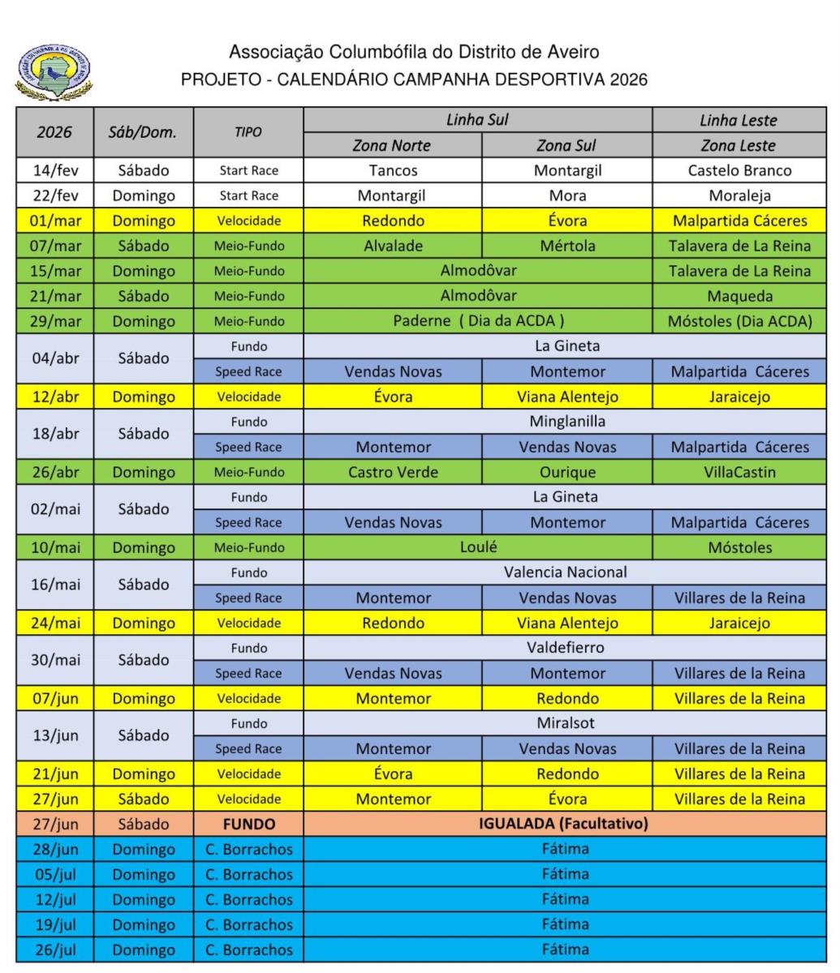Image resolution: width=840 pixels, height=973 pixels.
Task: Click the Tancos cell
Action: click(x=393, y=171)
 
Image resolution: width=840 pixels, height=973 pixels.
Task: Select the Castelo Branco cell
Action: click(x=739, y=171)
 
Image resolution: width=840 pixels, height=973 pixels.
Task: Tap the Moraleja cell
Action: click(x=739, y=196)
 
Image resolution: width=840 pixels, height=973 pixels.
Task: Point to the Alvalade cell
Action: click(x=393, y=246)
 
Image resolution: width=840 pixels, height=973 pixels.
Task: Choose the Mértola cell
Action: click(x=566, y=246)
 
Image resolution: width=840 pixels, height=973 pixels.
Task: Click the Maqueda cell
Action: click(x=739, y=297)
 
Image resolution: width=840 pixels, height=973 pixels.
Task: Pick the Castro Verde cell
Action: click(x=393, y=472)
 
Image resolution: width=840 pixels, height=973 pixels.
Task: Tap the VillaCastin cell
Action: click(x=739, y=472)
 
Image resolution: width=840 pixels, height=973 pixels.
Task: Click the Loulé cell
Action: click(x=478, y=547)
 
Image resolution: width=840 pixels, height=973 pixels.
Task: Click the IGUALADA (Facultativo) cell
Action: click(x=566, y=825)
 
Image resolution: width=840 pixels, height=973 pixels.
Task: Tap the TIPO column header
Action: click(x=248, y=133)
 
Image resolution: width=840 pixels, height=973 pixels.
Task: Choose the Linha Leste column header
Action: click(x=739, y=121)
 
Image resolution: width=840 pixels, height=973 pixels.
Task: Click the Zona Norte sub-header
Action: click(x=393, y=146)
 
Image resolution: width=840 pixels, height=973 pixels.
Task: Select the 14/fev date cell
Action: click(x=54, y=171)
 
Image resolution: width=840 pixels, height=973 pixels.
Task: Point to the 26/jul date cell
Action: click(x=54, y=949)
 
